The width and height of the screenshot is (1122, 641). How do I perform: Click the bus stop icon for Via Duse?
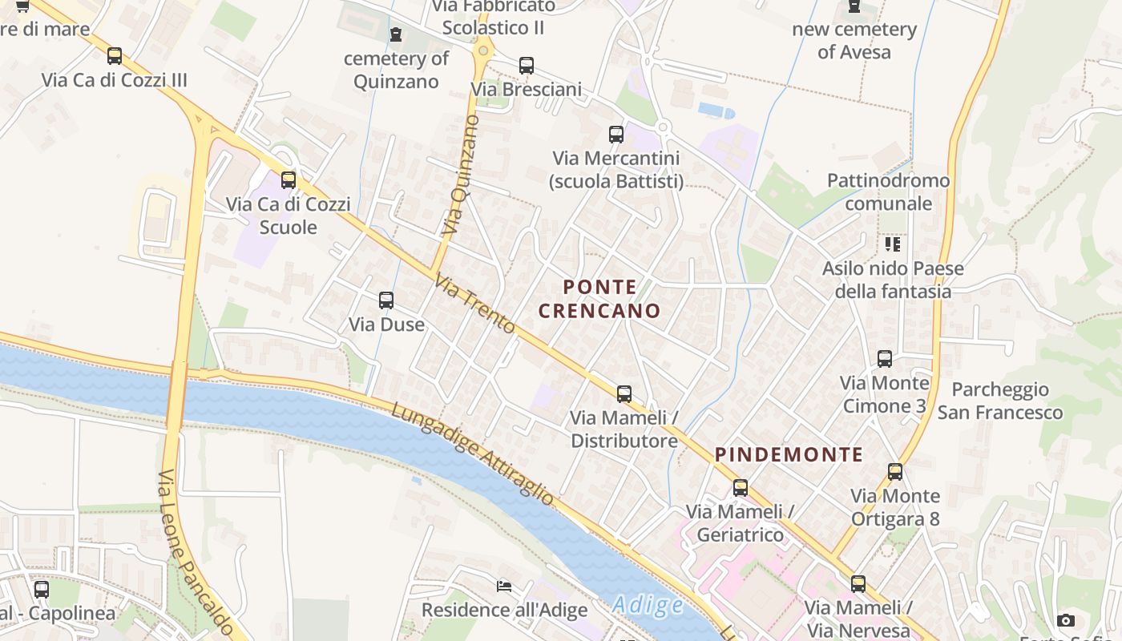click(x=386, y=300)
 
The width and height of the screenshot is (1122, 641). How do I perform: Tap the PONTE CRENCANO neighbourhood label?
click(x=599, y=299)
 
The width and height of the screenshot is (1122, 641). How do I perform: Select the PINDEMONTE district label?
click(x=789, y=455)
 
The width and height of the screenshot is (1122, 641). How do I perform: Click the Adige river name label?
click(x=648, y=606)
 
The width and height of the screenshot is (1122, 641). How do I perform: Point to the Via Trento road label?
click(x=475, y=304)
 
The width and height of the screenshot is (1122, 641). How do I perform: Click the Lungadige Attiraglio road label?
click(x=472, y=454)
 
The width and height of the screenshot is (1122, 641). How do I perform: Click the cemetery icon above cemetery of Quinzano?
click(x=395, y=34)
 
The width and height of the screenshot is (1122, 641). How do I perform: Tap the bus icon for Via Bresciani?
click(x=527, y=66)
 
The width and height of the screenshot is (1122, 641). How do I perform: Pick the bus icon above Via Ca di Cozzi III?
click(x=115, y=56)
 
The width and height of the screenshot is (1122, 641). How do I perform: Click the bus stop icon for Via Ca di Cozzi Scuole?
click(x=289, y=180)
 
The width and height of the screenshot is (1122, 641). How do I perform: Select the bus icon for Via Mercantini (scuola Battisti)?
click(x=616, y=135)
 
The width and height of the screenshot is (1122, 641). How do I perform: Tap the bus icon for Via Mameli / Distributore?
click(x=624, y=394)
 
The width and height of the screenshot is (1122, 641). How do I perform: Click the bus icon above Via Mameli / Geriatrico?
click(x=741, y=488)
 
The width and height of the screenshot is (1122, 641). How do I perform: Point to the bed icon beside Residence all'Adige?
click(x=504, y=587)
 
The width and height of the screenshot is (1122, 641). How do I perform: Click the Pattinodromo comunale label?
click(x=888, y=191)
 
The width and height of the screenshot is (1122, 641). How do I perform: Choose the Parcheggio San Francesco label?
click(x=1000, y=401)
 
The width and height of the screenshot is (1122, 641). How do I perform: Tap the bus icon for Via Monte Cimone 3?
click(x=885, y=359)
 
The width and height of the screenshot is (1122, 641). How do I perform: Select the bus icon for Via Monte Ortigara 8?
click(x=895, y=472)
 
